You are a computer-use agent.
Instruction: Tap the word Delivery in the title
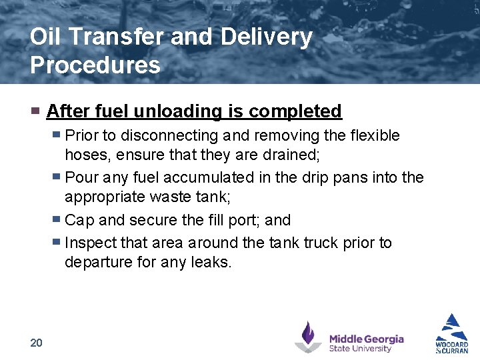coord(266,37)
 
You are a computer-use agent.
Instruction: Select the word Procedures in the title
coord(95,65)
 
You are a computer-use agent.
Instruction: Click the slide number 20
coord(36,343)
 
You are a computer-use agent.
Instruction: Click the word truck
coord(319,242)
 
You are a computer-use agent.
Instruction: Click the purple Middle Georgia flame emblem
coord(308,337)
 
